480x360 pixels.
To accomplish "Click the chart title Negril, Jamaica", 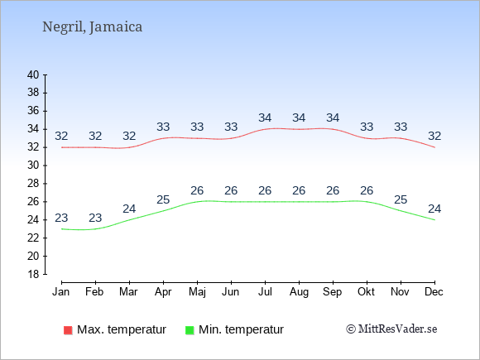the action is click(x=92, y=27).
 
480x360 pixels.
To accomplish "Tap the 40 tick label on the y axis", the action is click(x=33, y=74).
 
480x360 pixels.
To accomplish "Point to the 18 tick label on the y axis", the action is click(x=33, y=274).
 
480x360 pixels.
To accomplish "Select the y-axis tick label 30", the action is click(x=33, y=166).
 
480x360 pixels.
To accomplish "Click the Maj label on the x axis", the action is click(x=197, y=292).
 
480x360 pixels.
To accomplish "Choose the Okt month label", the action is click(x=366, y=292).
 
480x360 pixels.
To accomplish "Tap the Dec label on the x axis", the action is click(x=434, y=292).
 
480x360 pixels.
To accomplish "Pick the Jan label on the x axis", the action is click(x=61, y=292).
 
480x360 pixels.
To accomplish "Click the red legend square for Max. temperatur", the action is click(x=68, y=330).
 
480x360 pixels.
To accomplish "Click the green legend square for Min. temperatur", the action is click(x=190, y=330).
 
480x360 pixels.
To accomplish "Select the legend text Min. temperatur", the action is click(x=241, y=329).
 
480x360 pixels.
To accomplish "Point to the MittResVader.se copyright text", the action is click(x=391, y=329).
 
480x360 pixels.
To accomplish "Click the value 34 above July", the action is click(x=265, y=118).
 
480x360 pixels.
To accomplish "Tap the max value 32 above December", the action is click(x=434, y=136).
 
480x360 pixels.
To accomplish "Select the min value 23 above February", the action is click(x=95, y=218).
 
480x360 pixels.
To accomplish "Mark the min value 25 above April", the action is click(x=163, y=199).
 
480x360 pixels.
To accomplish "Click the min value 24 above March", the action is click(x=129, y=209).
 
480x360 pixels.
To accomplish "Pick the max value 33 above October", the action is click(x=367, y=127).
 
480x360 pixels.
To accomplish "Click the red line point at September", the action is click(x=333, y=129).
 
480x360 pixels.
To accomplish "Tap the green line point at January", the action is click(x=62, y=229).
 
